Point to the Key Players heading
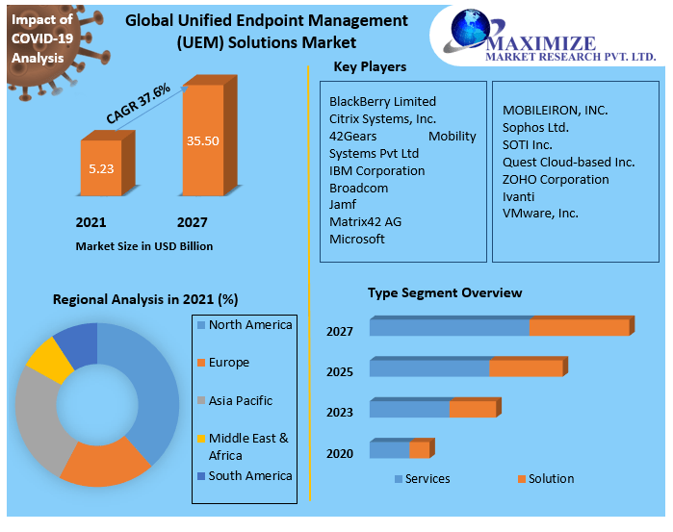click(370, 67)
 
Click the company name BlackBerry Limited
click(382, 101)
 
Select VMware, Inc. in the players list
click(540, 213)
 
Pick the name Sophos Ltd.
click(535, 127)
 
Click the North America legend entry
click(249, 325)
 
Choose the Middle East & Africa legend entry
click(247, 446)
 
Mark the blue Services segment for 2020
click(389, 449)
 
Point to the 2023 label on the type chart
click(340, 413)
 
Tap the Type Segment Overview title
click(445, 292)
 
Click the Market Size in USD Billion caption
click(144, 246)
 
